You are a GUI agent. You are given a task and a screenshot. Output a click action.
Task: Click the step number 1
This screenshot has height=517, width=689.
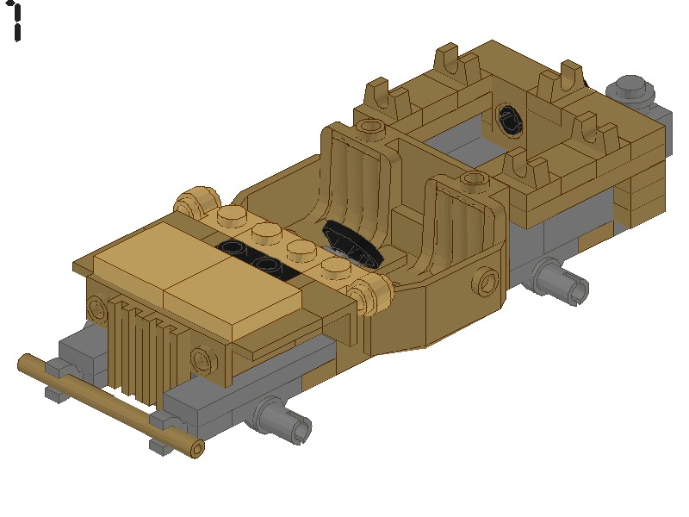coord(16,21)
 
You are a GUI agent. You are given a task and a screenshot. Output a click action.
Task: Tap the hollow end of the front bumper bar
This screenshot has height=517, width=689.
coord(197,449)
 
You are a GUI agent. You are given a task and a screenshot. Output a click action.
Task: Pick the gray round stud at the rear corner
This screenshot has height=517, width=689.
coord(631,87)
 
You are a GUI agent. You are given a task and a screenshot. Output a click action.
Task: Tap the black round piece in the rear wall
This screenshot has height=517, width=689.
coord(509,119)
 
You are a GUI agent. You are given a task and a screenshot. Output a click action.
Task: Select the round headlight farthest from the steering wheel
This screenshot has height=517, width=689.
coord(191,204)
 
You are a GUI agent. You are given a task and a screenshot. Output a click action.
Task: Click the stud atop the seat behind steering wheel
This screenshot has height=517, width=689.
coord(472,179)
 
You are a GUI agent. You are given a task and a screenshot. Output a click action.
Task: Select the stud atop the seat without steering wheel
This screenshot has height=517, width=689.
coord(371,128)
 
